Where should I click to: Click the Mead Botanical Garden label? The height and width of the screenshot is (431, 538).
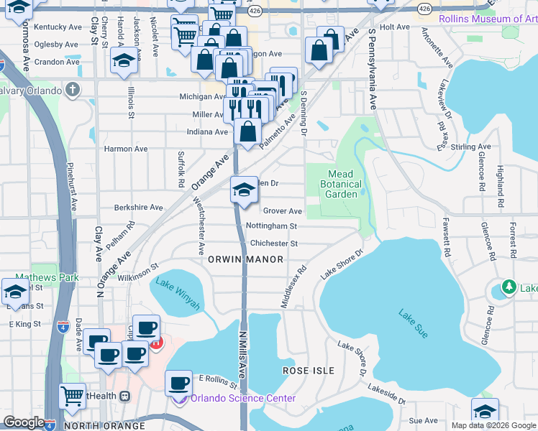[340, 184]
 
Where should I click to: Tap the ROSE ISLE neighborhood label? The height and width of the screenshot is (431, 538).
[308, 371]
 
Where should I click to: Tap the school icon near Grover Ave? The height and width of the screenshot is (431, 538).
[245, 190]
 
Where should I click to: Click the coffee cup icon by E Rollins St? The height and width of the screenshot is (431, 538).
[178, 384]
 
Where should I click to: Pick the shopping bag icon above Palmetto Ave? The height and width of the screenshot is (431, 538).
[247, 132]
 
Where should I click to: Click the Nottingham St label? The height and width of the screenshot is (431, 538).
[272, 226]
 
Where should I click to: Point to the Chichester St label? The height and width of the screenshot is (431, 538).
[273, 244]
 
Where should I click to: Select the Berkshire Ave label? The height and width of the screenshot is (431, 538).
[139, 208]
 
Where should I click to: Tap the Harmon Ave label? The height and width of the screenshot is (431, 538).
[126, 149]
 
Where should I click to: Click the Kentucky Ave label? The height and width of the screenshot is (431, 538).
[58, 27]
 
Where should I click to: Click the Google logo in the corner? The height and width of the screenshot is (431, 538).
[24, 422]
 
